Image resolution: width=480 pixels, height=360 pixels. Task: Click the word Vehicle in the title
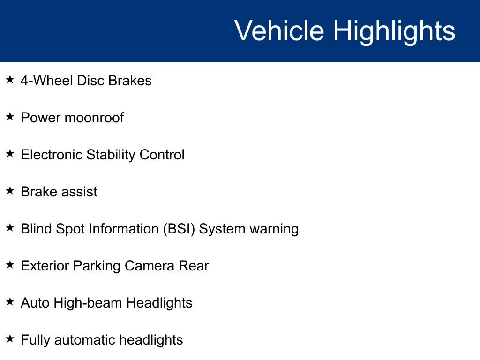point(279,30)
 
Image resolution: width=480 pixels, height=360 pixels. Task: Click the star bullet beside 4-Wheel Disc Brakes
point(10,79)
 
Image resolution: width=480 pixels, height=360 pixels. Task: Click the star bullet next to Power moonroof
point(10,116)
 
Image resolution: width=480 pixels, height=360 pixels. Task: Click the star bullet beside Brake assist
point(10,190)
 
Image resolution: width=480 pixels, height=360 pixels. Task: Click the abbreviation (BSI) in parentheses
point(179,229)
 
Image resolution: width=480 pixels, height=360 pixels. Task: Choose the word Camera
point(150,266)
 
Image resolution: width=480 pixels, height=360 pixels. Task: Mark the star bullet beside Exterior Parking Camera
point(10,264)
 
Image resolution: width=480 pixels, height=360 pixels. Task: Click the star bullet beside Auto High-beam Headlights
point(10,301)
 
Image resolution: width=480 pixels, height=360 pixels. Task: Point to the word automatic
point(84,340)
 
